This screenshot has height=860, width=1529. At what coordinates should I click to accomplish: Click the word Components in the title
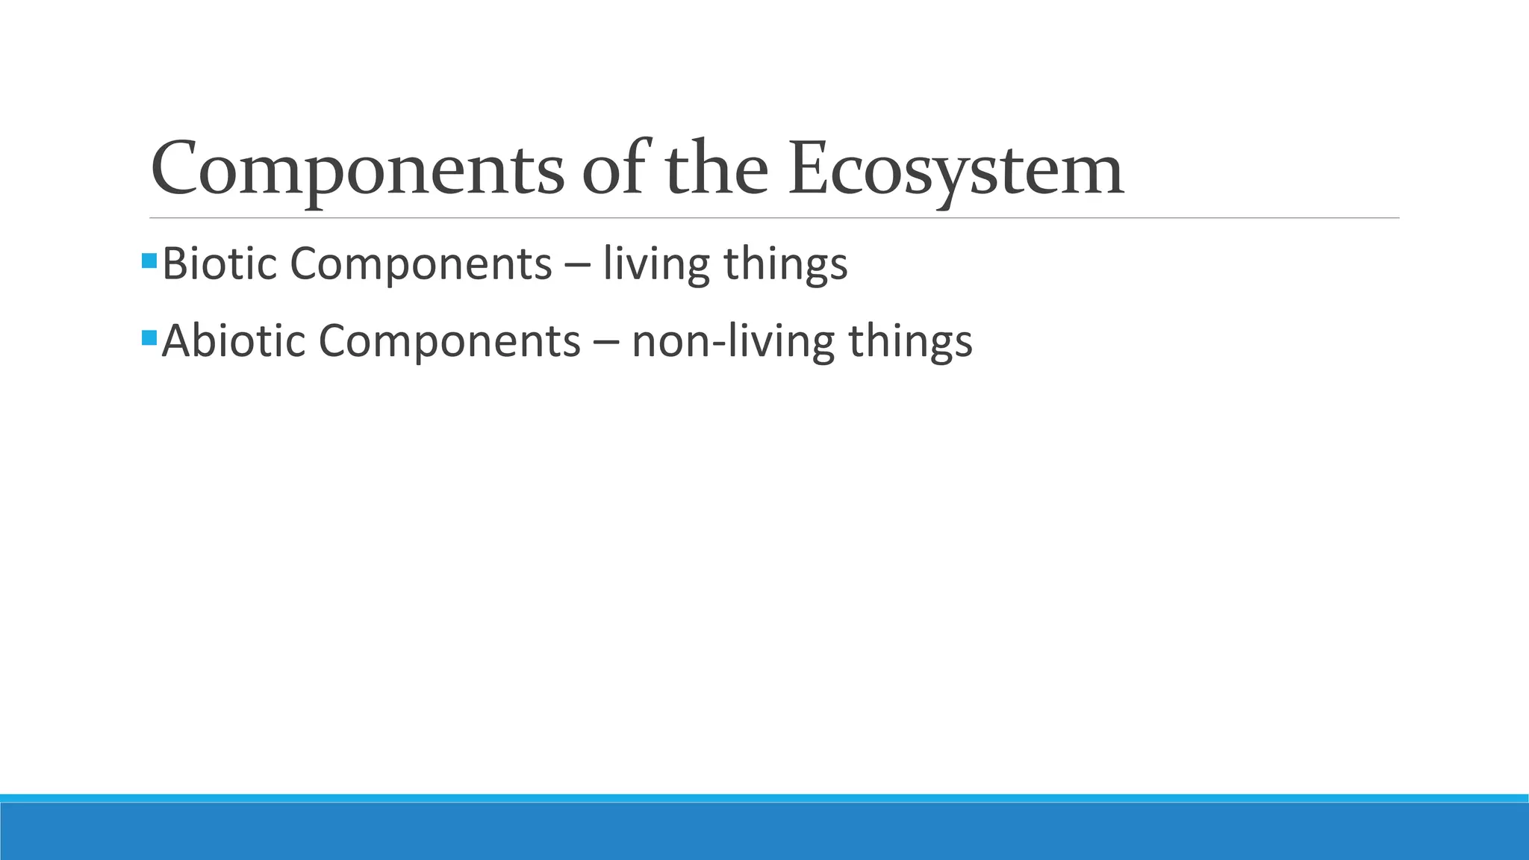click(357, 170)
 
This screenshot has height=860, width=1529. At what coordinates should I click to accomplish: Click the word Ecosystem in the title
click(956, 170)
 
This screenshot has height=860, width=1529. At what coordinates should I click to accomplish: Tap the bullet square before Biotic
click(149, 261)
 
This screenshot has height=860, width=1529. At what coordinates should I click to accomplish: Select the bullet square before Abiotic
click(149, 337)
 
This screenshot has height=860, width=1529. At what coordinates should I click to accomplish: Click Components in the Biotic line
click(420, 264)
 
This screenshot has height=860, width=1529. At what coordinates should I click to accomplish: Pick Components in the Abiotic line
click(449, 341)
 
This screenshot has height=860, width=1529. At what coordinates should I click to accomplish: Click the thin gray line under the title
click(773, 218)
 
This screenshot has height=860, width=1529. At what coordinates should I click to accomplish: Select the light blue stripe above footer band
click(764, 798)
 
